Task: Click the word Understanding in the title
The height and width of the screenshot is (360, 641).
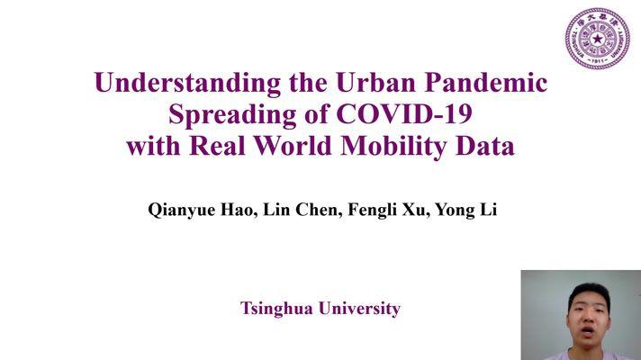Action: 187,84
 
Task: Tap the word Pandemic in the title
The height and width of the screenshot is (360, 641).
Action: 486,83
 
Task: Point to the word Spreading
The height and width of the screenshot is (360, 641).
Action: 232,115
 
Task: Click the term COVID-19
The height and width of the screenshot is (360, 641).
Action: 404,114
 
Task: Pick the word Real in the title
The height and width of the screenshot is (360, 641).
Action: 218,146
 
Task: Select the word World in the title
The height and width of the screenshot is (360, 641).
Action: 293,146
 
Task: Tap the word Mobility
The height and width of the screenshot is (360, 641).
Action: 393,147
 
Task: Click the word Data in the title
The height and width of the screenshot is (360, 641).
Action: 485,146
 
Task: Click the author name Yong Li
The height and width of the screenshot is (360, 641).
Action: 465,211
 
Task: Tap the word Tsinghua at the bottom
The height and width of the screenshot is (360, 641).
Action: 276,309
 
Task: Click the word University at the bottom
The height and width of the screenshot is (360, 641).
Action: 360,309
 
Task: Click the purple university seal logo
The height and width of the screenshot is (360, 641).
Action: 597,39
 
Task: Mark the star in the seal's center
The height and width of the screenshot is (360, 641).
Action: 598,40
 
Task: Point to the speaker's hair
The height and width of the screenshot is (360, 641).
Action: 589,292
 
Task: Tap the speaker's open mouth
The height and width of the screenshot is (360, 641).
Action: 588,331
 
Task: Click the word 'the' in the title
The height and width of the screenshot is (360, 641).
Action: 308,83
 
